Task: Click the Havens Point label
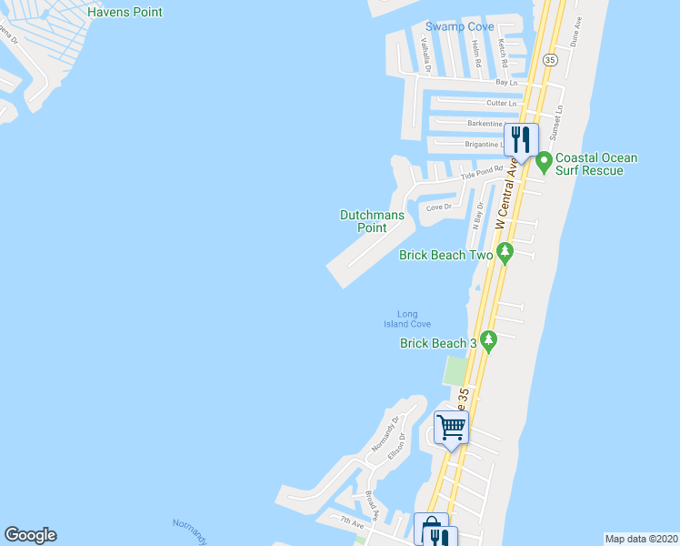(x=125, y=13)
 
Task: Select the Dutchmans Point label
(x=372, y=221)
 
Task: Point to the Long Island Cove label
(x=406, y=319)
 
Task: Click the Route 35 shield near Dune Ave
(x=549, y=59)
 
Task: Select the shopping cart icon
(x=451, y=427)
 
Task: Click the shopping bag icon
(x=432, y=531)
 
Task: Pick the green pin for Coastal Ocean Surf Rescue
(x=545, y=162)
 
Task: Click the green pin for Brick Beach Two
(x=505, y=251)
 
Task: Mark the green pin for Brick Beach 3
(x=489, y=340)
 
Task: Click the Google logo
(x=30, y=535)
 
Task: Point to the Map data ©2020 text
(x=642, y=539)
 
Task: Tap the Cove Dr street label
(x=439, y=207)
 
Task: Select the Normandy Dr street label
(x=385, y=436)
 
